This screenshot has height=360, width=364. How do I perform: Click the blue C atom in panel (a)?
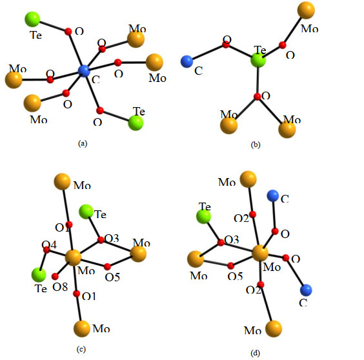click(84, 71)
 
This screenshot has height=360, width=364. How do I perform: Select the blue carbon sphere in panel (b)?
click(187, 61)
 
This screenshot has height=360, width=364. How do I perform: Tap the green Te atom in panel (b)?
click(258, 60)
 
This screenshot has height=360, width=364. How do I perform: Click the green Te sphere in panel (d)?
click(203, 216)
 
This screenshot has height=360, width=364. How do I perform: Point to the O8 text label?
click(60, 287)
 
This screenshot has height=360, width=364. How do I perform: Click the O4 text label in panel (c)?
click(49, 245)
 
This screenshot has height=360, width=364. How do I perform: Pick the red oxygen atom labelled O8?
click(55, 276)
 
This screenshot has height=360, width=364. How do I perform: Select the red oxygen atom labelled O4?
click(46, 250)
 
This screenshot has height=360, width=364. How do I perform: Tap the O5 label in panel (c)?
click(112, 277)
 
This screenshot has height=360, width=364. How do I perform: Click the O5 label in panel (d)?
click(235, 276)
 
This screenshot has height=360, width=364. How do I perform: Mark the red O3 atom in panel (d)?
click(221, 243)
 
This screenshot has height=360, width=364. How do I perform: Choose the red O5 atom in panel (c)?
click(107, 267)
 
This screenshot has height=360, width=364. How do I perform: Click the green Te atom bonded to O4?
click(39, 275)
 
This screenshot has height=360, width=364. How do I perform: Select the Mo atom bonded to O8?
click(73, 257)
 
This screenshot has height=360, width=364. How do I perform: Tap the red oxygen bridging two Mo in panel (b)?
click(258, 97)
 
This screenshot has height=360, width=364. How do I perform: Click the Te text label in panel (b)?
click(260, 50)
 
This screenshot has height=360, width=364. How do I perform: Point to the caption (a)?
click(83, 143)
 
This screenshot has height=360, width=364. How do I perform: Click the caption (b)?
click(256, 145)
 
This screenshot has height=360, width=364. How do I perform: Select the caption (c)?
click(81, 349)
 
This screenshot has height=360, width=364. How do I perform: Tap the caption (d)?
click(256, 353)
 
